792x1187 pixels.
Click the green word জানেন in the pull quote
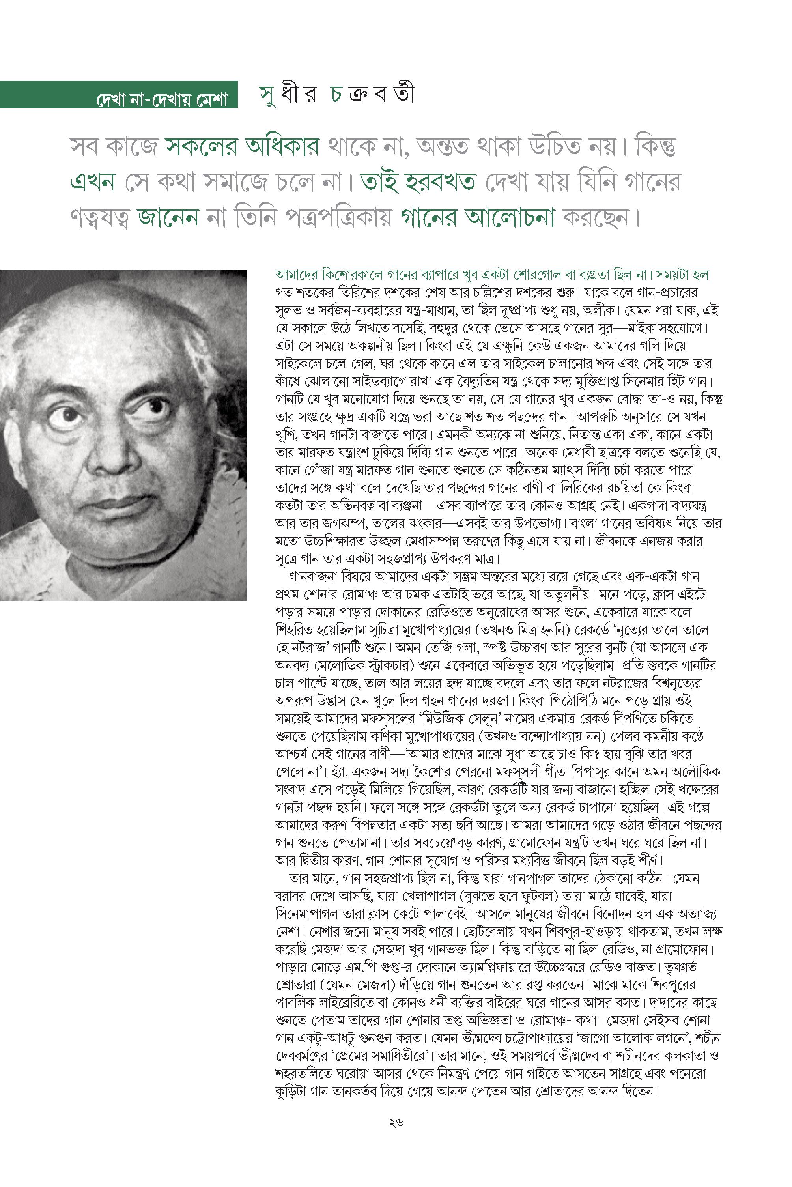point(168,219)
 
